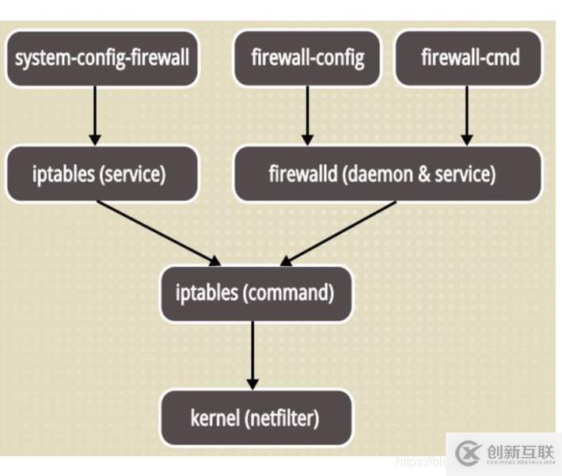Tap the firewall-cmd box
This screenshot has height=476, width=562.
(469, 58)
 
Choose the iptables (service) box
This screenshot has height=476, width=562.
(100, 173)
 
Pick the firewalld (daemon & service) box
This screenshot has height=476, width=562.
(387, 173)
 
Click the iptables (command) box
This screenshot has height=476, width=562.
(255, 292)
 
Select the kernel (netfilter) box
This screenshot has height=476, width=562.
(255, 417)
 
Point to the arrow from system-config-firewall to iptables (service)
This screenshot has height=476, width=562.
(95, 115)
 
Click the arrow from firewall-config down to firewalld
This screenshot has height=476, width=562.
(307, 115)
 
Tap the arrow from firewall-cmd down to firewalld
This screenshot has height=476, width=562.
(467, 115)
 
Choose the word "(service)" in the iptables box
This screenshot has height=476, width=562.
(131, 174)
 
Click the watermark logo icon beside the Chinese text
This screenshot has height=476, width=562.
(469, 452)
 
